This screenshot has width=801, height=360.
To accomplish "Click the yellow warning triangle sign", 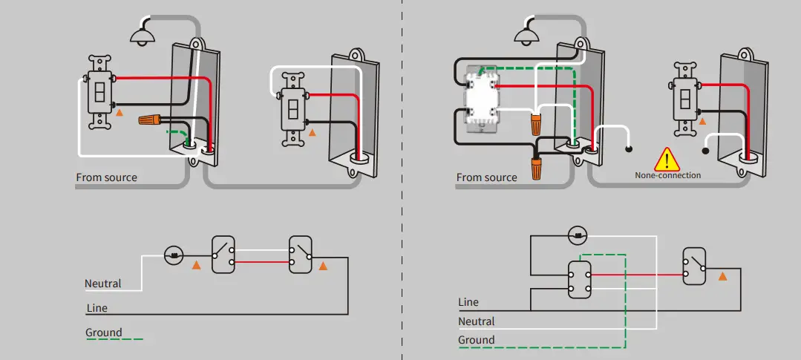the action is (x=667, y=160).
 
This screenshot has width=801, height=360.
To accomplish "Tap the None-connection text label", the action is (x=667, y=175).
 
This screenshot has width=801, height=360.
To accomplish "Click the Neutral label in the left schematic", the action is (x=103, y=284).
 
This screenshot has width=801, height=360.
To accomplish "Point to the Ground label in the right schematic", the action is (x=476, y=340).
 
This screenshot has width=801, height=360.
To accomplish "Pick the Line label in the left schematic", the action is (x=97, y=308).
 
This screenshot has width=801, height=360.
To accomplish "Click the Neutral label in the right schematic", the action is (x=476, y=321).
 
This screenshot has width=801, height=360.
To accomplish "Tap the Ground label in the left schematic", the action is (x=104, y=333).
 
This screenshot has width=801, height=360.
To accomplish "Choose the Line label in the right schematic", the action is (x=468, y=302).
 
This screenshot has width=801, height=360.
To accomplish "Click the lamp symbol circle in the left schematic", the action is (x=174, y=255).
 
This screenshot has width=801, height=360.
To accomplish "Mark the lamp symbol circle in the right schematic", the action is (x=578, y=236).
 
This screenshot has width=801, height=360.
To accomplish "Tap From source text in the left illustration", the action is (x=107, y=177).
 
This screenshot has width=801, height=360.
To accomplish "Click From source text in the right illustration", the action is (x=486, y=177).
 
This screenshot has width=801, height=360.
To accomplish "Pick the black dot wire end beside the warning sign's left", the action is (x=629, y=150).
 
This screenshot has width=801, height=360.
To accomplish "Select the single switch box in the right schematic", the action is (x=694, y=266).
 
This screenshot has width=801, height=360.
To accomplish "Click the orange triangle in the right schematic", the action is (x=722, y=276).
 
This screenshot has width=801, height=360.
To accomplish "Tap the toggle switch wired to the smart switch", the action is (x=684, y=99).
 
